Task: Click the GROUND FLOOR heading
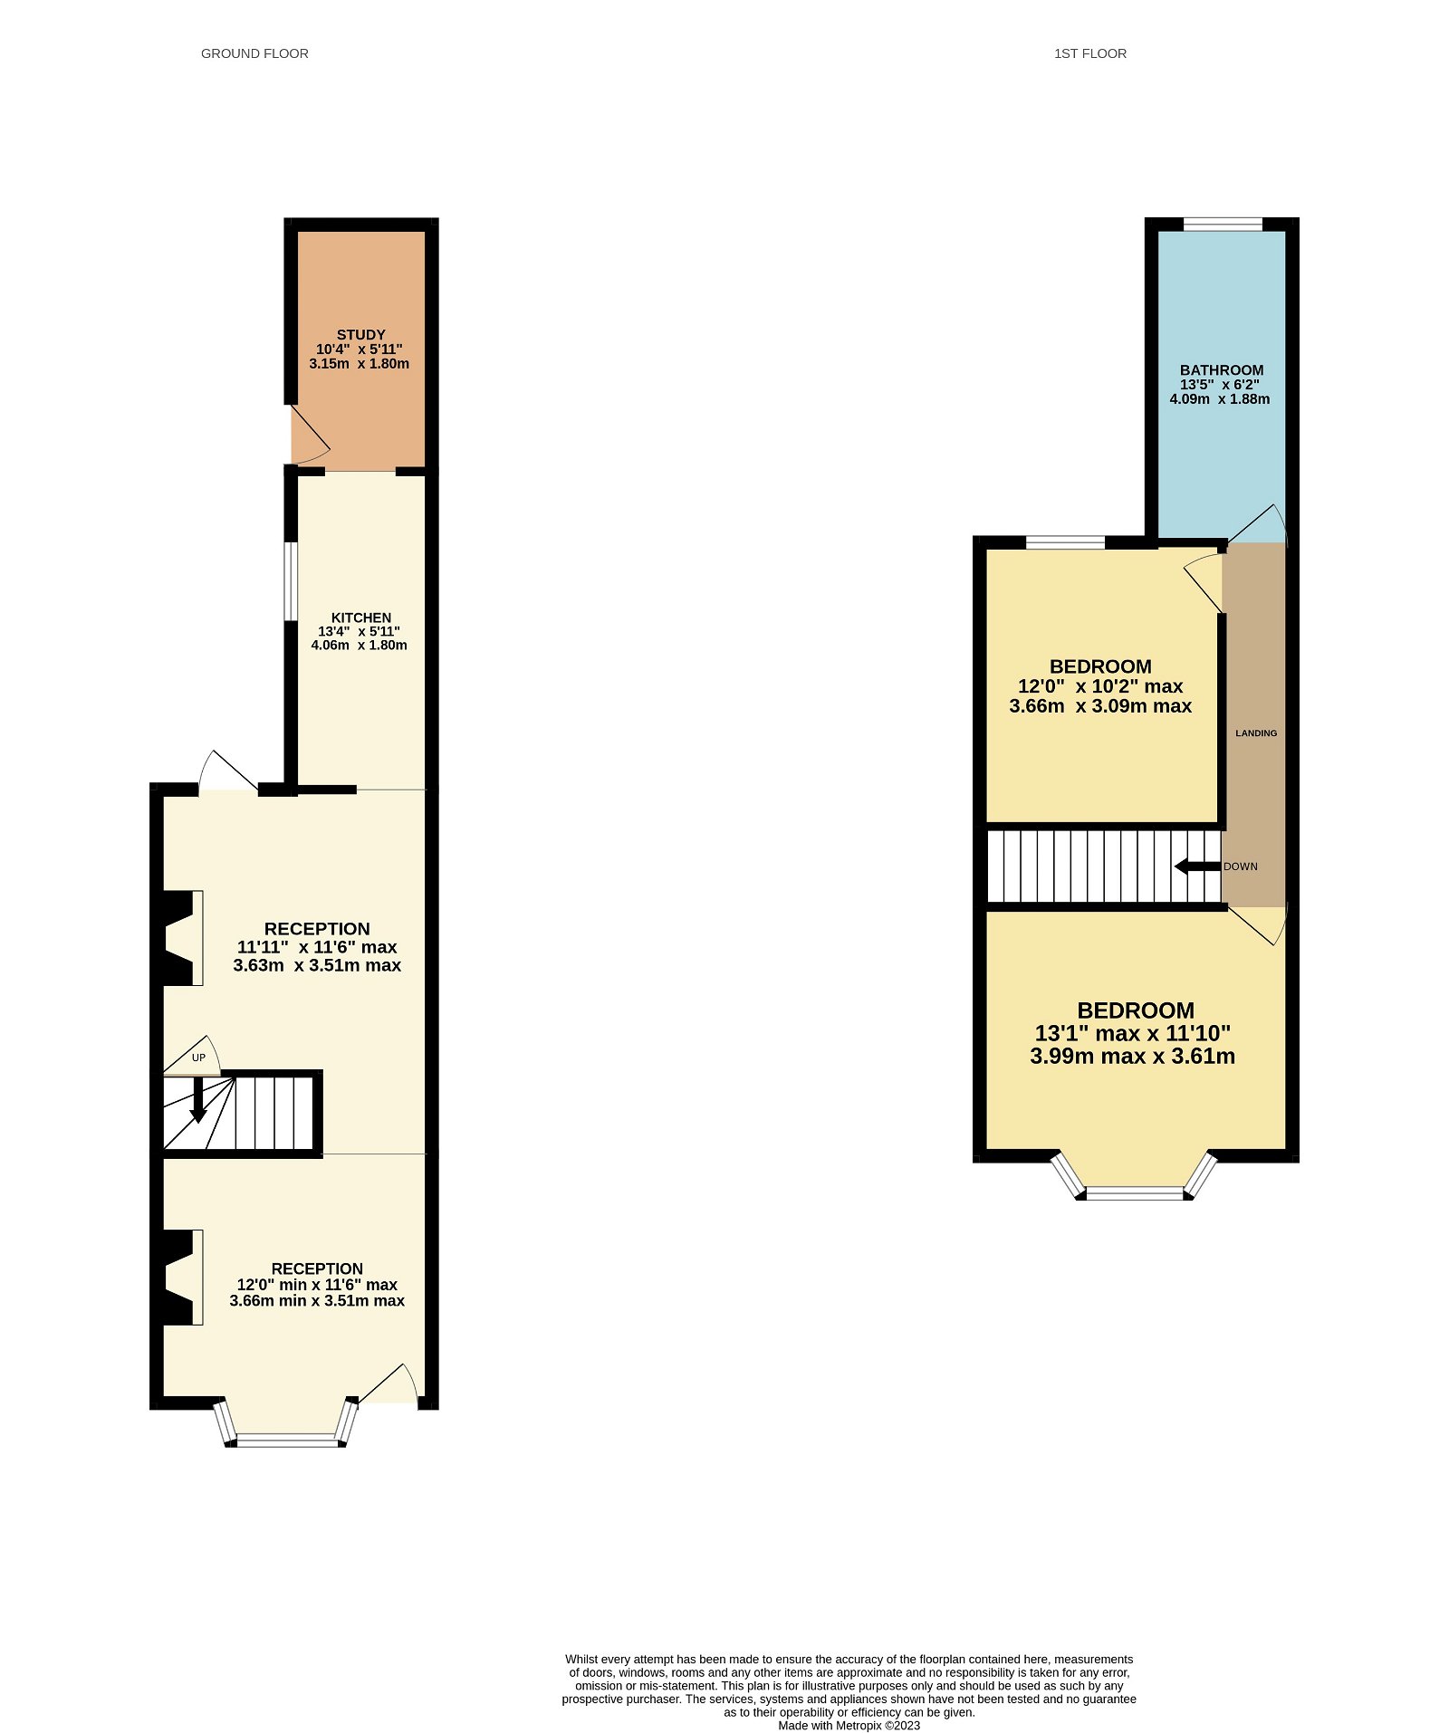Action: coord(254,53)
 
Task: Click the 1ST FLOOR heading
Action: coord(1089,53)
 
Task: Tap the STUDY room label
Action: coord(360,335)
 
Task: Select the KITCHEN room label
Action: coord(360,618)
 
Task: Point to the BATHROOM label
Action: coord(1221,369)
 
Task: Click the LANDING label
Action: coord(1255,733)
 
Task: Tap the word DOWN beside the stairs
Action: coord(1240,866)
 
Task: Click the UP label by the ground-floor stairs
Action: coord(198,1058)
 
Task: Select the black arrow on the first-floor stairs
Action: coord(1196,866)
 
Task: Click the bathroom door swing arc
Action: coord(1259,524)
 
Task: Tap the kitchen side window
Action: coord(290,580)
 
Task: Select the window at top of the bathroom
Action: coord(1222,225)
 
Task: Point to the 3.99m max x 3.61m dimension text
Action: coord(1132,1056)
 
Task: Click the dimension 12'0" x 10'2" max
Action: coord(1099,686)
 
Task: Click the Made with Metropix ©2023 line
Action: coord(849,1725)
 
